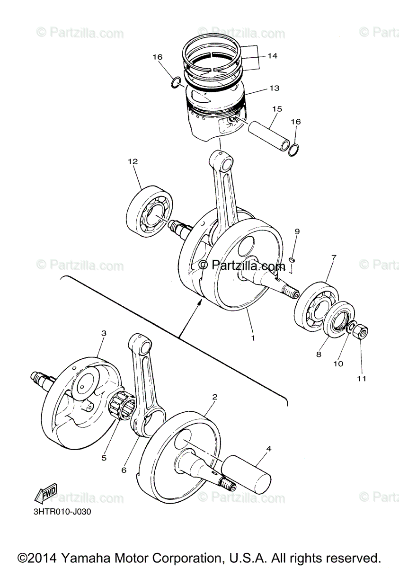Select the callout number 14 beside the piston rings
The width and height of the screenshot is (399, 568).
272,56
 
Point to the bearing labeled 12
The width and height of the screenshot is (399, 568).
150,211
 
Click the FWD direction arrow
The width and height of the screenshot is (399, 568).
46,492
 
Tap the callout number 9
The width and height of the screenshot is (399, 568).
297,231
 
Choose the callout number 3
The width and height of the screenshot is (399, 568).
104,333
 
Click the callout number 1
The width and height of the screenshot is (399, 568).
253,338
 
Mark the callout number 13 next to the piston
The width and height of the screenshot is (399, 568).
275,88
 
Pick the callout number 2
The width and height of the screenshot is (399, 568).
215,404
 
